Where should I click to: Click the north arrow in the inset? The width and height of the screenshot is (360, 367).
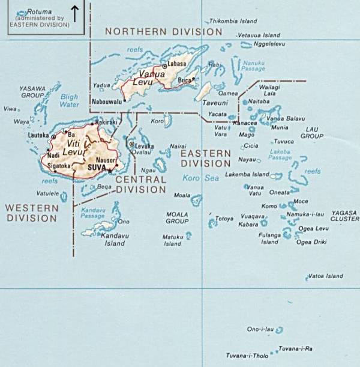pos(75,13)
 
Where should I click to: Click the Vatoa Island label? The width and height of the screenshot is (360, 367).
pos(325,276)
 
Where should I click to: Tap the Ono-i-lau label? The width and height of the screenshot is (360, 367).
pos(260,329)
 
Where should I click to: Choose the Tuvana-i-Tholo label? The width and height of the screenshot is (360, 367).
pos(247,356)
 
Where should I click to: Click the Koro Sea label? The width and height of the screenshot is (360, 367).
pos(202,178)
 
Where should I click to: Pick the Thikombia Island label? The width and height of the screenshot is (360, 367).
pos(233,21)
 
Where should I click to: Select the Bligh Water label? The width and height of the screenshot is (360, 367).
pos(70,100)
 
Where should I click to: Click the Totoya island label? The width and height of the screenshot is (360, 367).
pos(224,219)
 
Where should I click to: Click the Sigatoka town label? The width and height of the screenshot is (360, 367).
pos(59,165)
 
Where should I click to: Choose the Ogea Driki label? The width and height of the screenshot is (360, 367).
pos(312,242)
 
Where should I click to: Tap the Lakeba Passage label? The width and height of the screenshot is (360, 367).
pos(281,154)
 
